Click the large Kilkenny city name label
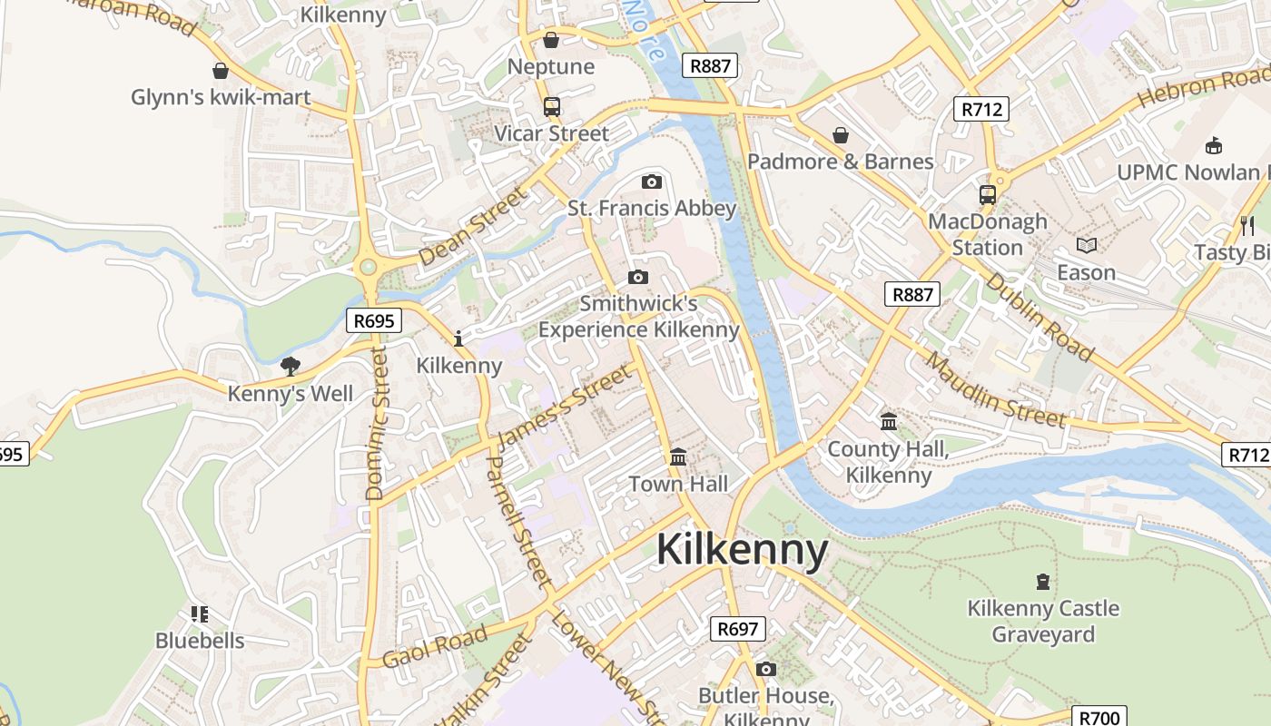tap(742, 550)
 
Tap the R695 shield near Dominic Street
tap(373, 319)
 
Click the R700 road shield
tap(1100, 717)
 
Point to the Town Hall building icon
tap(678, 456)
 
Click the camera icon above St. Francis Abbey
tap(651, 181)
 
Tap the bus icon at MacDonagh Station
tap(987, 194)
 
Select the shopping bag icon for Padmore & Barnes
tap(841, 135)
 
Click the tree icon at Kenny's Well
tap(290, 367)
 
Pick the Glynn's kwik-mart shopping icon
tap(220, 71)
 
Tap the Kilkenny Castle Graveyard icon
tap(1043, 581)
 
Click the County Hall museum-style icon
tap(889, 422)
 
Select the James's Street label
tap(564, 406)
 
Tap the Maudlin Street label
tap(996, 390)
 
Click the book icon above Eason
tap(1087, 245)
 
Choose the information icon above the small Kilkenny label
tap(458, 338)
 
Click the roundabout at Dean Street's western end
tap(368, 267)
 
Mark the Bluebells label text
tap(200, 641)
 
